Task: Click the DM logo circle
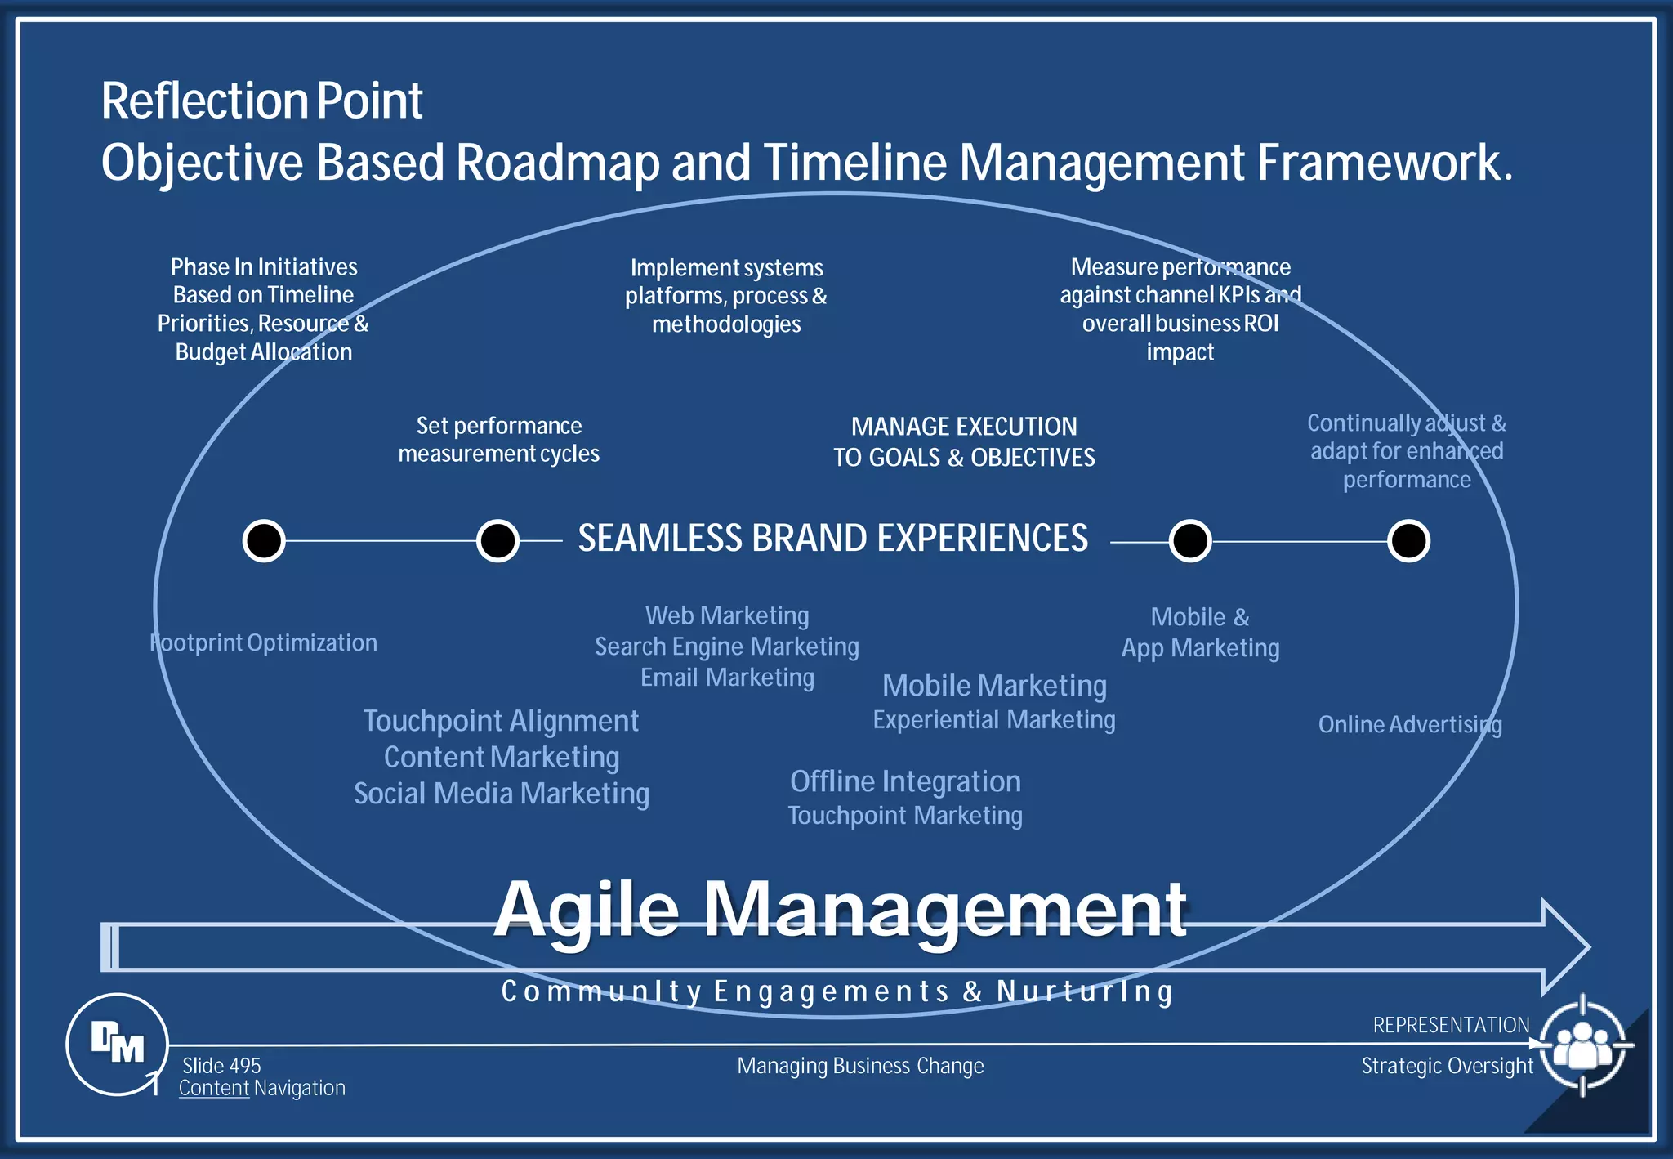click(117, 1044)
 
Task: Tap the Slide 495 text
click(221, 1065)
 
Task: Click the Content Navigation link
click(261, 1088)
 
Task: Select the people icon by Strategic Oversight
click(1582, 1045)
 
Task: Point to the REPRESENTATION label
click(1451, 1024)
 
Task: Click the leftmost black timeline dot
click(264, 540)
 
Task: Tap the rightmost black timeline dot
click(1408, 540)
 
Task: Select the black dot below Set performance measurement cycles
click(497, 540)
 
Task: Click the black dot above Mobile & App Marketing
click(1189, 540)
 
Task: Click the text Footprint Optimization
click(264, 642)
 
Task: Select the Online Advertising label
click(1410, 724)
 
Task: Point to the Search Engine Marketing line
click(726, 647)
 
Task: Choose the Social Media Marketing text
click(502, 793)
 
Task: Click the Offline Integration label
click(905, 781)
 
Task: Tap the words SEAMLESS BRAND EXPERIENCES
click(832, 538)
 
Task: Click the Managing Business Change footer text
click(860, 1066)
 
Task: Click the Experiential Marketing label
click(993, 719)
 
